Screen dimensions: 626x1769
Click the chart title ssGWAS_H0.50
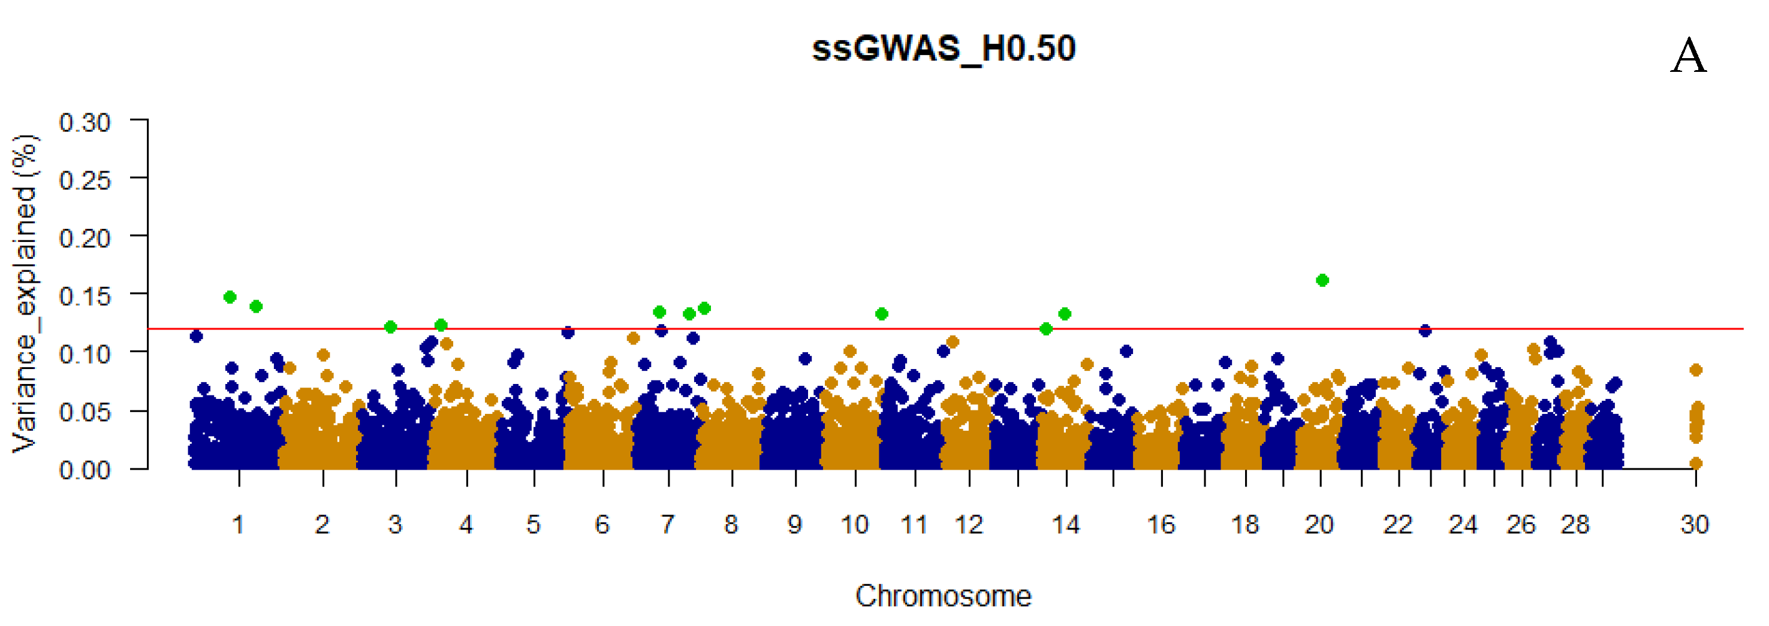click(x=943, y=49)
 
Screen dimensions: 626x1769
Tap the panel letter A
click(x=1688, y=56)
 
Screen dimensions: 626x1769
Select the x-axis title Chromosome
click(x=943, y=596)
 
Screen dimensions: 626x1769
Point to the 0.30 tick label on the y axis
click(x=85, y=123)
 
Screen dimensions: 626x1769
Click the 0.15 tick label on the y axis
click(x=85, y=297)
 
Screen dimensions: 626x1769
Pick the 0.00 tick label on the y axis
click(x=85, y=470)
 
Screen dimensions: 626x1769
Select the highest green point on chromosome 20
click(x=1322, y=280)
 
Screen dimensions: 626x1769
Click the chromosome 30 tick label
click(x=1694, y=525)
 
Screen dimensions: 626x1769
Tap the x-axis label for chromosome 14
click(x=1066, y=525)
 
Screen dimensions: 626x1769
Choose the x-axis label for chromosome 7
click(x=667, y=525)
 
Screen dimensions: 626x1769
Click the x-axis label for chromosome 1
click(x=239, y=525)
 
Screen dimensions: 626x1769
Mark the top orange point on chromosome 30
click(x=1695, y=370)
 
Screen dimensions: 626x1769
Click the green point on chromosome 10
click(x=882, y=314)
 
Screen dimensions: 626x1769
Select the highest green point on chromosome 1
click(x=230, y=297)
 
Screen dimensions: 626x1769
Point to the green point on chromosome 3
click(x=390, y=326)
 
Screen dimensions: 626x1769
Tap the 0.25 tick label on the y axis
click(x=85, y=180)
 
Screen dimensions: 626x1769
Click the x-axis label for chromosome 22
click(x=1397, y=525)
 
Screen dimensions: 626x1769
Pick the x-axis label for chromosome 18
click(x=1244, y=525)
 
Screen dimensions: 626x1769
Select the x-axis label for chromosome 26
click(x=1520, y=525)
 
